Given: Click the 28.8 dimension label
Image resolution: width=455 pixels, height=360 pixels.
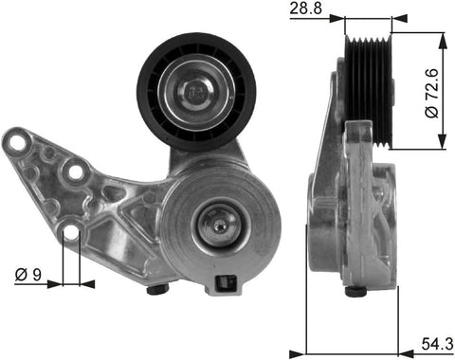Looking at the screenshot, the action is click(x=305, y=8).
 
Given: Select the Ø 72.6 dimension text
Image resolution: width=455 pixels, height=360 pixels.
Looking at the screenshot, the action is click(x=432, y=93).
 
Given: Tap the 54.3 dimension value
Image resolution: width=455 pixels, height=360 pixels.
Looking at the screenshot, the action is click(x=437, y=344).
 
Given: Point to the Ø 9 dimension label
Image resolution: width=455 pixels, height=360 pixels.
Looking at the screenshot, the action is click(x=27, y=275).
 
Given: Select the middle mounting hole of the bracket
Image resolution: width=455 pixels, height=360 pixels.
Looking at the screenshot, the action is click(x=75, y=171).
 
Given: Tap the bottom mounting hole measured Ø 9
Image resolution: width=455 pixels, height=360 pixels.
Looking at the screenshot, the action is click(x=72, y=232).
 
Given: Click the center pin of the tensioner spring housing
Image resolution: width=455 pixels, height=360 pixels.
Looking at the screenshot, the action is click(x=219, y=225).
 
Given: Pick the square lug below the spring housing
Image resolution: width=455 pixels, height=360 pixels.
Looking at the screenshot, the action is click(x=226, y=284).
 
